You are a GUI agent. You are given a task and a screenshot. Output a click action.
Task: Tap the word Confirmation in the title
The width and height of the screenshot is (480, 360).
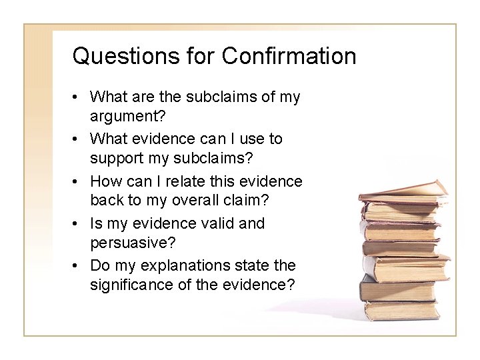289,56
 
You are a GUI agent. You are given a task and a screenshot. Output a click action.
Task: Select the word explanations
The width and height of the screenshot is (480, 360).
173,265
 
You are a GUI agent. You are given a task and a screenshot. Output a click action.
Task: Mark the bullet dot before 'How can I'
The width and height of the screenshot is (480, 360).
79,182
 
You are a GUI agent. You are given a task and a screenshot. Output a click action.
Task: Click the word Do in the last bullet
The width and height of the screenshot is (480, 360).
99,265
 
